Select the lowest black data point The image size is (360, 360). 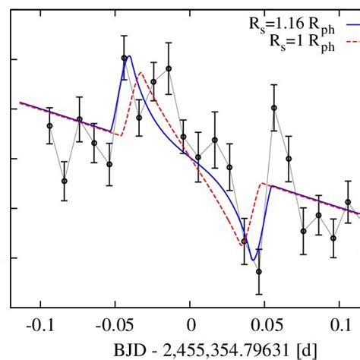pos(259,271)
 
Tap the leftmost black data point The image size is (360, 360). pos(49,125)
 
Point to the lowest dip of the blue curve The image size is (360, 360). pos(253,261)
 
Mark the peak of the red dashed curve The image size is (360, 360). pos(141,73)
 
